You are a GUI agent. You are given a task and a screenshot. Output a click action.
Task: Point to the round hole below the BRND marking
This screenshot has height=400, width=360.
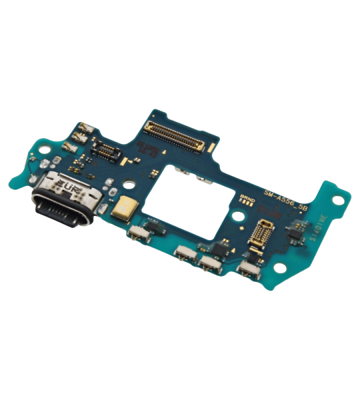(239, 217)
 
